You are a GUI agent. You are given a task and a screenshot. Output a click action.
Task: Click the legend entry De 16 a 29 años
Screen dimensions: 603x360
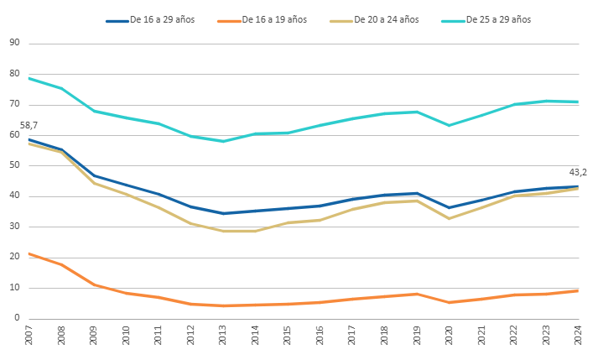coord(150,19)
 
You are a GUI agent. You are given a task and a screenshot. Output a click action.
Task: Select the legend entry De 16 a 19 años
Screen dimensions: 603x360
coord(263,19)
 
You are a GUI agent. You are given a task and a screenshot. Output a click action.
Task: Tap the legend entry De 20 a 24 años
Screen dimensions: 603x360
coord(374,19)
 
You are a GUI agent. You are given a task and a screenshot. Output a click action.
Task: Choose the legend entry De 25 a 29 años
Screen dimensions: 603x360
coord(486,19)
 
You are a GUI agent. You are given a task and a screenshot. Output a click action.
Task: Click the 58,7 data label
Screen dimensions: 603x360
coord(29,125)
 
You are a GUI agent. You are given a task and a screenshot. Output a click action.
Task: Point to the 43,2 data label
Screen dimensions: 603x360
coord(578,172)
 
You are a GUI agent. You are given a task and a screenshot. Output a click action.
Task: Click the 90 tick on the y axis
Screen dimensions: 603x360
coord(14,43)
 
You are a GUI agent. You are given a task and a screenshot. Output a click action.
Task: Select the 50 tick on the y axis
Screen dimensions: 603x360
coord(14,165)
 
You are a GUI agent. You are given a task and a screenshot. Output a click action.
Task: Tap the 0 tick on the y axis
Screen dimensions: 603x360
coord(17,318)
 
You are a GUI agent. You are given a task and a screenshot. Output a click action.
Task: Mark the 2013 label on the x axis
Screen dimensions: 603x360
coord(222,335)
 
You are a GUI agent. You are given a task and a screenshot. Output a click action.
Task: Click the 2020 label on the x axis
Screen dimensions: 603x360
coord(449,335)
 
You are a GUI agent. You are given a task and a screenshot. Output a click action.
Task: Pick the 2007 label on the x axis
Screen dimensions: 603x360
coord(29,335)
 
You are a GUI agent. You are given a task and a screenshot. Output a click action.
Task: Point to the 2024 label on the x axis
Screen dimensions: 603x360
coord(578,335)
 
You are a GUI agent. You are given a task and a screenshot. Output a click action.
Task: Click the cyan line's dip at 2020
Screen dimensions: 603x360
coord(449,125)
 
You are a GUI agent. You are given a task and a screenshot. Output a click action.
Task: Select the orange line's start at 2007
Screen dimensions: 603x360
coord(29,253)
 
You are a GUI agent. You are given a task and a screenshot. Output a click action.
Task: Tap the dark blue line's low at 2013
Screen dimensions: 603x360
coord(223,213)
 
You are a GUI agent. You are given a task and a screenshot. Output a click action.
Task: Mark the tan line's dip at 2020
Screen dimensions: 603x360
coord(449,218)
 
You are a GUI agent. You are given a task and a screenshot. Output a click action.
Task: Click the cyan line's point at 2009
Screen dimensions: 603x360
coord(94,111)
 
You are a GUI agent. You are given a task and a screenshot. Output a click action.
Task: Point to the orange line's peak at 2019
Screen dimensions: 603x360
coord(417,295)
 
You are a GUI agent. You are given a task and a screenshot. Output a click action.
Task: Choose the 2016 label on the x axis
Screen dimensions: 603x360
coord(320,335)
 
